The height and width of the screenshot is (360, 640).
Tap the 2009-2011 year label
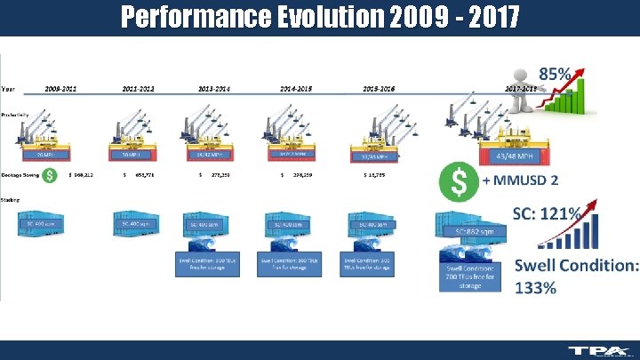[60, 89]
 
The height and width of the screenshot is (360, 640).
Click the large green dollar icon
[459, 182]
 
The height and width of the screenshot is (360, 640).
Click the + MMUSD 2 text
[520, 180]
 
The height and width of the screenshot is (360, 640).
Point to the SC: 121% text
[547, 213]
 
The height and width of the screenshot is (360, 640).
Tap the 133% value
[536, 287]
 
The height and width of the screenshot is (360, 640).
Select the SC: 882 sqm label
[480, 231]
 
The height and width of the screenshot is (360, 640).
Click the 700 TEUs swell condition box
[470, 277]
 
